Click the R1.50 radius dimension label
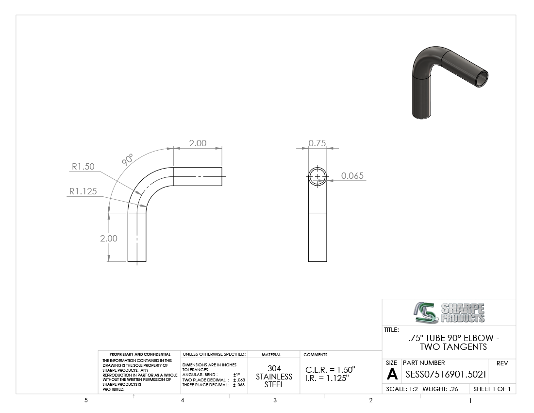(x=83, y=167)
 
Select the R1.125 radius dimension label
(x=83, y=191)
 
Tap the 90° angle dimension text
(x=127, y=159)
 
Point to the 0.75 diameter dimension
(x=317, y=143)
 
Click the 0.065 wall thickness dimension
(x=352, y=176)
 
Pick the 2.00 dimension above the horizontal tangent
(x=198, y=143)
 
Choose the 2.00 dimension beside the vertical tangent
(x=109, y=239)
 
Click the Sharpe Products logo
(x=449, y=312)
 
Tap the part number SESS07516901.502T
(x=446, y=375)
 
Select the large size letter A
(x=392, y=374)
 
